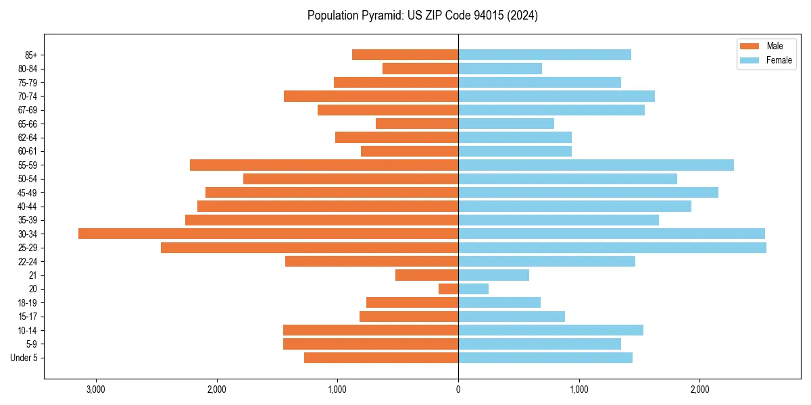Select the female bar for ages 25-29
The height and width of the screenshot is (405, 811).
pos(612,248)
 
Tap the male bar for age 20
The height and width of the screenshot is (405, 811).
pos(449,289)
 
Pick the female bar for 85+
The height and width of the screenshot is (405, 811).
pos(545,55)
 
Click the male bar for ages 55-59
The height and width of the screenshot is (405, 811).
pos(324,165)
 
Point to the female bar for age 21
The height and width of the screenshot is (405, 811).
pos(493,275)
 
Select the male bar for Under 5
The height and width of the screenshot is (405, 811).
pos(381,358)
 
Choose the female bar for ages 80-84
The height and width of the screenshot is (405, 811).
pos(500,68)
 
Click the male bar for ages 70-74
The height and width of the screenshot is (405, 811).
pos(371,96)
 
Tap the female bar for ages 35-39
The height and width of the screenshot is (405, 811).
pos(558,220)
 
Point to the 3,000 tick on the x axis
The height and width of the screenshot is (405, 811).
pos(96,389)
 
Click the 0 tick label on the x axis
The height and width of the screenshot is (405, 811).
pos(458,389)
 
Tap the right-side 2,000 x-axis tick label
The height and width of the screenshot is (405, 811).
pos(699,389)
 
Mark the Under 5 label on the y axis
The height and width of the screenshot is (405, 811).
pos(24,358)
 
